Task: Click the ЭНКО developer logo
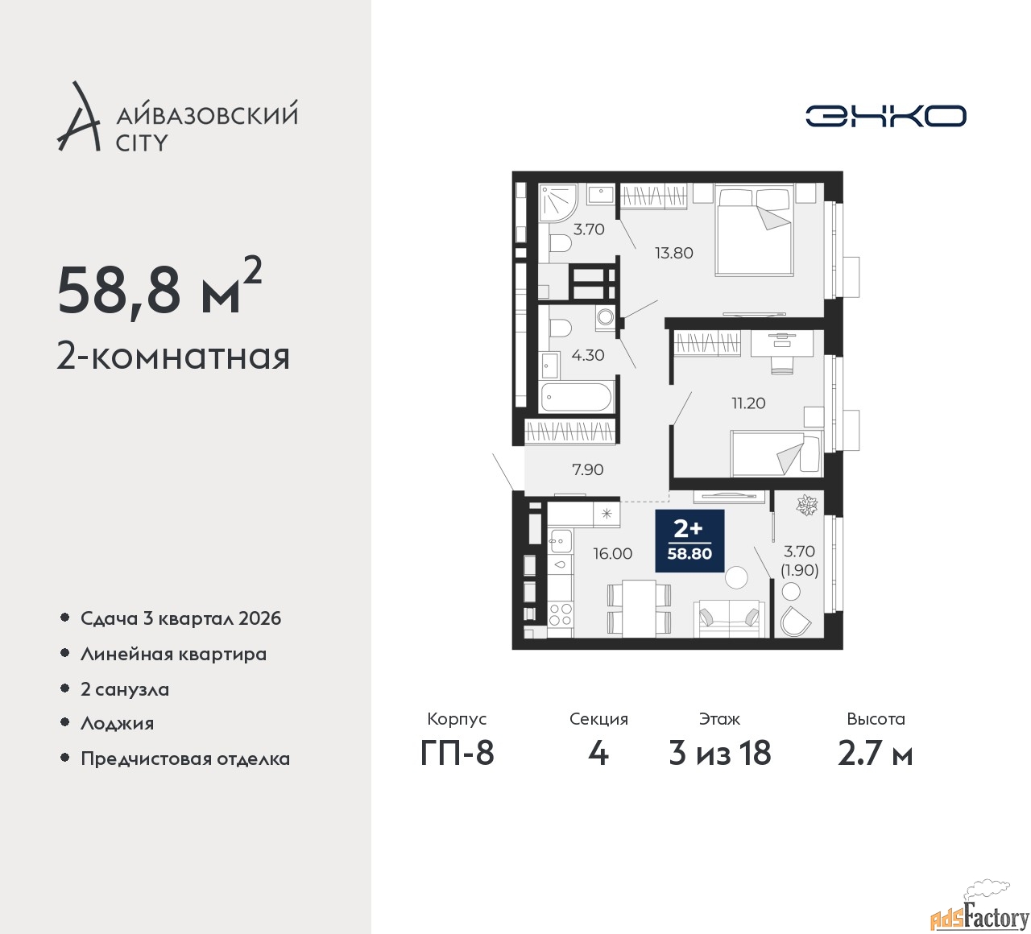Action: (x=885, y=116)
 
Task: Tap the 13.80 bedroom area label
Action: (x=673, y=253)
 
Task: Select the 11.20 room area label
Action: (x=747, y=403)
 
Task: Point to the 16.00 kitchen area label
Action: (x=612, y=553)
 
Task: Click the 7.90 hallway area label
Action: (x=587, y=469)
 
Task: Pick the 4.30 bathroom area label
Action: (x=587, y=355)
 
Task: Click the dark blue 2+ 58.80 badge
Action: (x=689, y=541)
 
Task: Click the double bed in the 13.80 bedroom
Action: (x=753, y=229)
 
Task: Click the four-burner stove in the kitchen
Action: (x=560, y=614)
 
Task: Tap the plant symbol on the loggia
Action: (x=805, y=506)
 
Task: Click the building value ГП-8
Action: (x=457, y=753)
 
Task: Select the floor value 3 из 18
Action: (x=719, y=753)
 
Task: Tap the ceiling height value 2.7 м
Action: (x=875, y=753)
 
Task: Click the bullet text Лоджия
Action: (x=117, y=723)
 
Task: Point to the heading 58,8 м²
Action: (x=159, y=290)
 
